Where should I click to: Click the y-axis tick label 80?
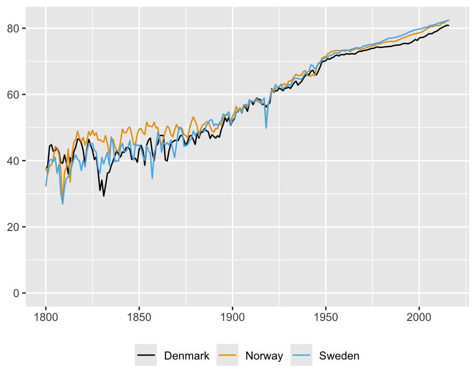pos(14,29)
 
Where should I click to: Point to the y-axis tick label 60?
pos(14,95)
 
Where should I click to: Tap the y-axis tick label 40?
pos(14,161)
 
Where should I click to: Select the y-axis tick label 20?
pos(14,227)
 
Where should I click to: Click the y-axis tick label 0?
pos(16,293)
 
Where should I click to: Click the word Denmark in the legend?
pos(186,356)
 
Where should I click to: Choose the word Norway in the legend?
pos(264,356)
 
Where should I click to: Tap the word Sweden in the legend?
pos(339,356)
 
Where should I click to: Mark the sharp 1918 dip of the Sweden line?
pos(266,128)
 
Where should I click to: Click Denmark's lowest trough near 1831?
pos(103,196)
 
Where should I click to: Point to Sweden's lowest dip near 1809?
pos(62,204)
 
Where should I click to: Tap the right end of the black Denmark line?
pos(449,25)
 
